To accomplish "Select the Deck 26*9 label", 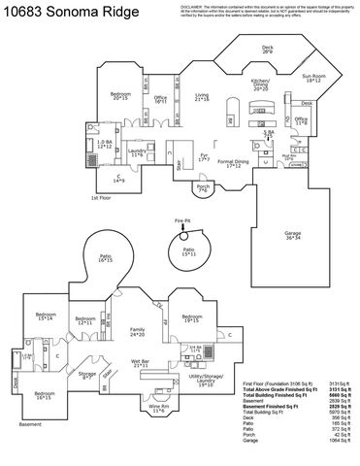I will click(x=267, y=49).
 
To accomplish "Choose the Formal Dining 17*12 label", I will click(x=233, y=163).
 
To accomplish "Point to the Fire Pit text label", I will click(x=181, y=221).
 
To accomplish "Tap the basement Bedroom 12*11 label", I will click(x=85, y=321).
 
